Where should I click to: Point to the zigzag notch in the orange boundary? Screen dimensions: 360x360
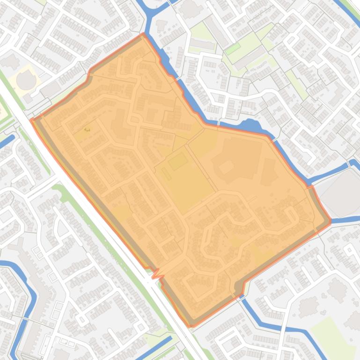click(156, 272)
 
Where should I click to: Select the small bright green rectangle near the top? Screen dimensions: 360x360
click(233, 48)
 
